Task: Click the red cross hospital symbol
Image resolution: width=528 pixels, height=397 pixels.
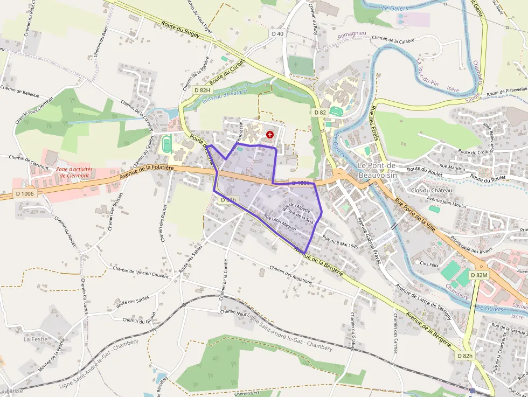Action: [270, 134]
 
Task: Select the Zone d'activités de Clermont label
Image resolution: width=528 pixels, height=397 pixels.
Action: [74, 172]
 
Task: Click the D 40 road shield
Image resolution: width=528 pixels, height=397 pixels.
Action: [277, 33]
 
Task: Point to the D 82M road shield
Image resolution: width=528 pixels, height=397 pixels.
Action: [478, 275]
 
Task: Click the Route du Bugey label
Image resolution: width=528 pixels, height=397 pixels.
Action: [180, 29]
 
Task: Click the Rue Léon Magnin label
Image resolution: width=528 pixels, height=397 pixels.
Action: [280, 222]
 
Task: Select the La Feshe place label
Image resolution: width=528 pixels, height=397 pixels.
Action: [36, 339]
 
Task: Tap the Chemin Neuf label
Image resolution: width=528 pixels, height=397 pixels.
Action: [233, 312]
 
